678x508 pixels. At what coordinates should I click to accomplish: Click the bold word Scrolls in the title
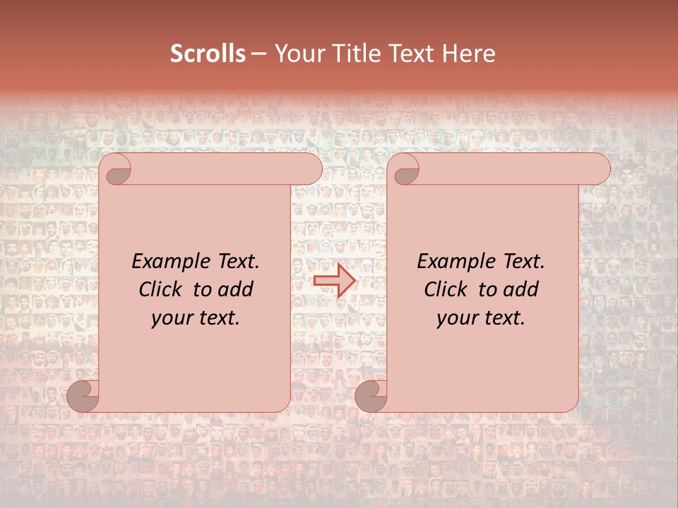208,54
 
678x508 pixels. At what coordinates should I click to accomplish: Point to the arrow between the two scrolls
334,281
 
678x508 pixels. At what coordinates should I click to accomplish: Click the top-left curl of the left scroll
116,169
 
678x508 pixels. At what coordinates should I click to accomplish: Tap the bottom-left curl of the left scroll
83,396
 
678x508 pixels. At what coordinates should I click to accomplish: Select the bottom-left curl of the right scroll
371,396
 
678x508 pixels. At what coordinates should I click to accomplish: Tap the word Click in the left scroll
160,290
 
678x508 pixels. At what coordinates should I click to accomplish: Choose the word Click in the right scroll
445,290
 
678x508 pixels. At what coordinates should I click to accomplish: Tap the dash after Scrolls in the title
258,54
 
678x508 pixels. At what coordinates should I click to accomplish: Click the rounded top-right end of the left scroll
311,169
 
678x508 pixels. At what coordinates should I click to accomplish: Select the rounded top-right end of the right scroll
600,169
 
